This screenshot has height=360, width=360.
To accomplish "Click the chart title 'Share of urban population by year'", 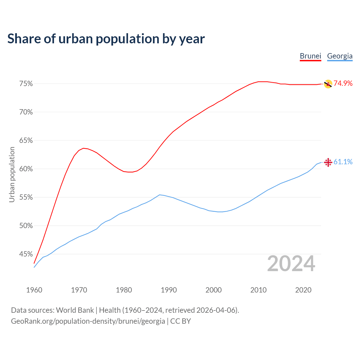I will coord(106,39).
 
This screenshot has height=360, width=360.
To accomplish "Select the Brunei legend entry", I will coord(310,56).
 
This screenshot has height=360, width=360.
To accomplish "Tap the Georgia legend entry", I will coord(340,56).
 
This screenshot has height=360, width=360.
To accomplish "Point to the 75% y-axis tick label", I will coord(26,84).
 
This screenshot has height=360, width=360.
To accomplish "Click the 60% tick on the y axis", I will coord(26,169).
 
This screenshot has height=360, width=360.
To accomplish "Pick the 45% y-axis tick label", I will coord(26,254).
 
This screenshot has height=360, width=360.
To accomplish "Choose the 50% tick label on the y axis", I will coord(26,226).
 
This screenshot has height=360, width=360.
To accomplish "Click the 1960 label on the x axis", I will coord(34,290).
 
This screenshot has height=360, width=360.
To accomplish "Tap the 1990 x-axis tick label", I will coord(169,290).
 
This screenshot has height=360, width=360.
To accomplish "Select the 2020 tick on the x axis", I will coord(303,290).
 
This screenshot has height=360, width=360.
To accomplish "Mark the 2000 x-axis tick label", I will coord(213,290).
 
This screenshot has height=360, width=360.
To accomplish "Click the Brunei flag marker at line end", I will coord(328,84).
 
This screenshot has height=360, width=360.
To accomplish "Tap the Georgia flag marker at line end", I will coord(328,162).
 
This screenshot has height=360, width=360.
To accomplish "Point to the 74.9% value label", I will coord(343,83).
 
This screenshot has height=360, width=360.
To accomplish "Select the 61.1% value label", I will coord(343,162).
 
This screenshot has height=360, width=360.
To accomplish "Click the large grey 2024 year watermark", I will coord(291,264).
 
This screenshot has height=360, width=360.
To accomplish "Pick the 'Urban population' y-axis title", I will coord(12,174).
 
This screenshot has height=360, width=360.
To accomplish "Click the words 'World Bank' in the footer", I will coord(75,310).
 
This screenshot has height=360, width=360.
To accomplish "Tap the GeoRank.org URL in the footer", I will coord(88,321).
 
